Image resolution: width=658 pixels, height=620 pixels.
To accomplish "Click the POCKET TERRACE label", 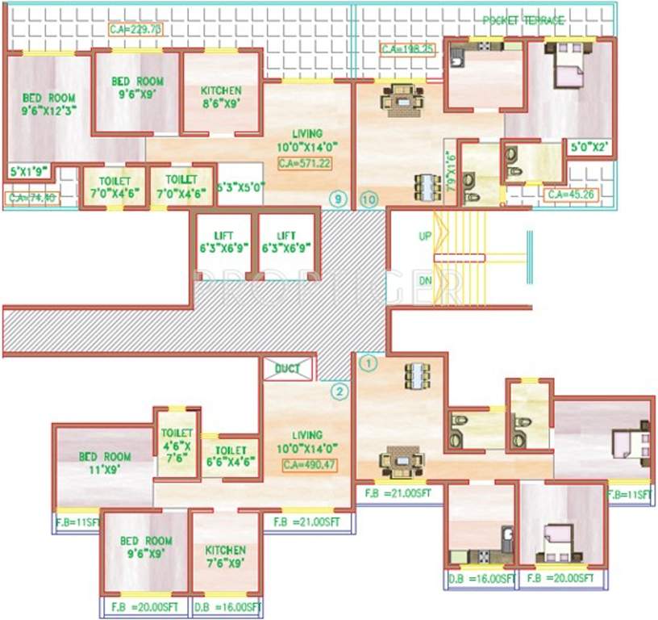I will [x=523, y=20].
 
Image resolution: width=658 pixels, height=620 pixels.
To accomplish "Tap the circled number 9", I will [x=338, y=197].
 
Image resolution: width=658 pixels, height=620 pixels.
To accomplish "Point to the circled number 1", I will [x=369, y=363].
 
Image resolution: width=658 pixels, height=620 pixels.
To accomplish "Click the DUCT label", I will [x=286, y=369].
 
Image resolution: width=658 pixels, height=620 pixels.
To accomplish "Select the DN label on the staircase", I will [x=425, y=281].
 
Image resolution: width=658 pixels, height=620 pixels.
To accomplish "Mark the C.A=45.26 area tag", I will [x=569, y=195].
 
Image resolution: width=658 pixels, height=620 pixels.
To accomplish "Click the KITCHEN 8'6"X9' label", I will [x=220, y=97].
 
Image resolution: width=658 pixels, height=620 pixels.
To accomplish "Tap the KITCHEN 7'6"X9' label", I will [x=225, y=556].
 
